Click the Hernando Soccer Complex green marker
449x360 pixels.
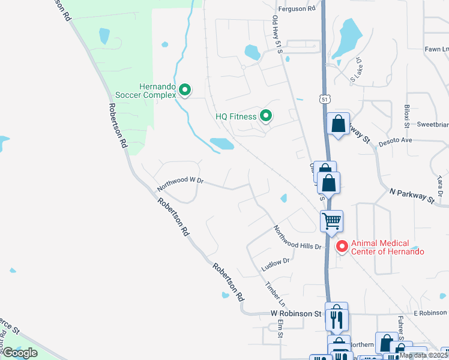(185, 91)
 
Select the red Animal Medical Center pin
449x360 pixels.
(342, 246)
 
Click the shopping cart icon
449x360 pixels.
(331, 221)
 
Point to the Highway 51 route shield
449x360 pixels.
(325, 99)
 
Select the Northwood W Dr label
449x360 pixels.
(181, 183)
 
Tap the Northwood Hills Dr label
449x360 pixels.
(297, 238)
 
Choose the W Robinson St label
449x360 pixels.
(296, 314)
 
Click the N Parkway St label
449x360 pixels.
(412, 195)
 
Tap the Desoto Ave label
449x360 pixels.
(399, 140)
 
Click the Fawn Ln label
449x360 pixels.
(436, 49)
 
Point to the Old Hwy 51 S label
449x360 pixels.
(278, 37)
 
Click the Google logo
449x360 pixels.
(20, 353)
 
